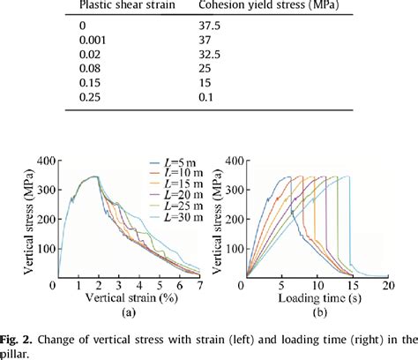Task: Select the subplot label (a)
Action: pos(126,311)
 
